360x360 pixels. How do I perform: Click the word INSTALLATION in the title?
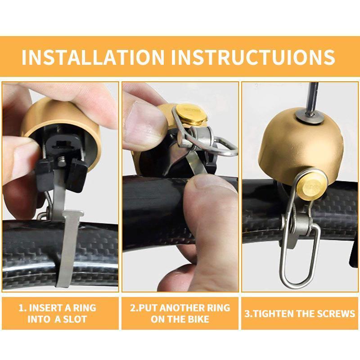click(93, 57)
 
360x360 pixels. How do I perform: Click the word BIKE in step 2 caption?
click(198, 319)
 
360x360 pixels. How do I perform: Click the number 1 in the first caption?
click(21, 308)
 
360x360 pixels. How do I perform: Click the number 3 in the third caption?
click(247, 314)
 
